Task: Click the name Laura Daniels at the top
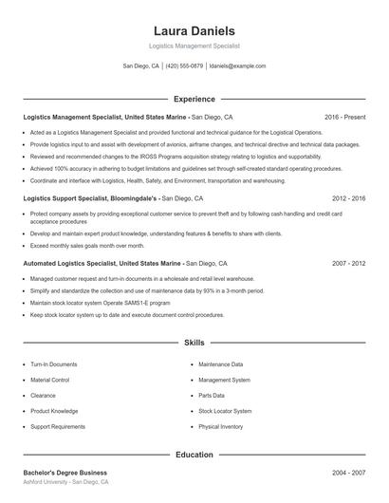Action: (x=194, y=30)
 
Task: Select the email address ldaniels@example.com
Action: (x=237, y=66)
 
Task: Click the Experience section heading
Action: (x=194, y=99)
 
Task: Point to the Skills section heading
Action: (x=194, y=342)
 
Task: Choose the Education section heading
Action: (x=194, y=455)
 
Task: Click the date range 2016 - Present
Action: (x=344, y=117)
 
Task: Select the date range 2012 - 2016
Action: (x=348, y=199)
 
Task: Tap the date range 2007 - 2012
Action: (x=348, y=262)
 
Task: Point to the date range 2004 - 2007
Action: (x=348, y=472)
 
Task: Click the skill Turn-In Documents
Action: (x=54, y=363)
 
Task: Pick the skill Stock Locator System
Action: (x=225, y=411)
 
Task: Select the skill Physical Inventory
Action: (x=221, y=427)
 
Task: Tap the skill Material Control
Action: (x=50, y=380)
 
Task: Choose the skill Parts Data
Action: (x=212, y=395)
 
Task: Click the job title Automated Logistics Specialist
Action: (x=72, y=262)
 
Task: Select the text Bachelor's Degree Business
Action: (x=65, y=472)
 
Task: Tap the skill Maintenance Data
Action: (x=221, y=363)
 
